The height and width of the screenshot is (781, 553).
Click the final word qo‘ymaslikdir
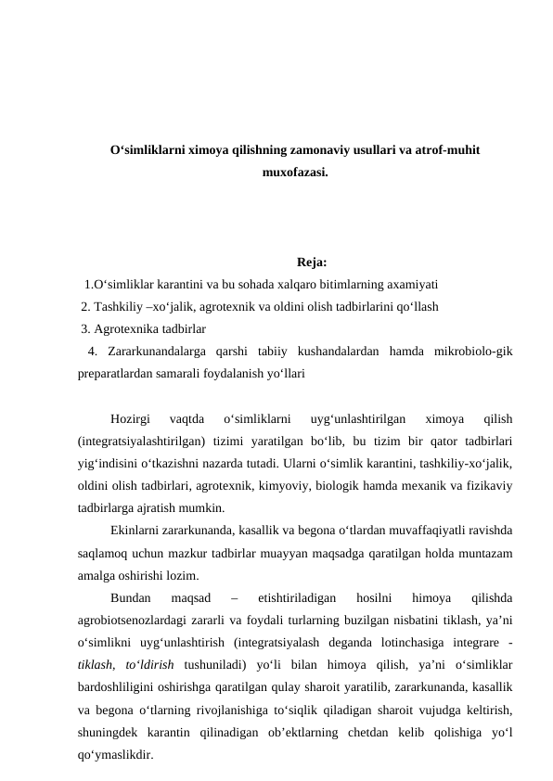116,754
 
